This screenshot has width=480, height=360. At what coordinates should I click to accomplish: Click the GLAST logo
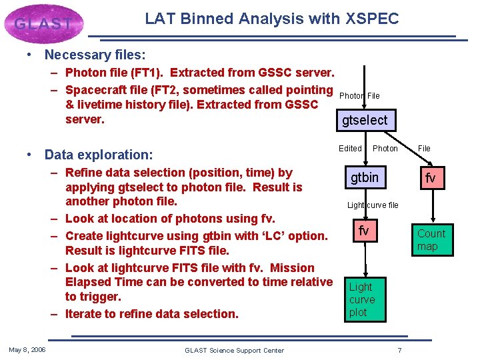pyautogui.click(x=44, y=24)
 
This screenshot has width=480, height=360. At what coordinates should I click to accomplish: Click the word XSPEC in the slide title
pyautogui.click(x=371, y=19)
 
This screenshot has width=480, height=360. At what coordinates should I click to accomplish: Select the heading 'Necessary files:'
pyautogui.click(x=95, y=55)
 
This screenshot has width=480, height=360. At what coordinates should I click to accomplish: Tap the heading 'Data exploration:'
pyautogui.click(x=99, y=155)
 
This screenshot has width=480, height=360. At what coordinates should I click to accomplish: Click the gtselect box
pyautogui.click(x=365, y=120)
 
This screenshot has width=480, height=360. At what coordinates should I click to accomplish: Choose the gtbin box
pyautogui.click(x=365, y=177)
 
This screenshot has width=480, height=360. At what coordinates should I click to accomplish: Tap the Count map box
pyautogui.click(x=431, y=240)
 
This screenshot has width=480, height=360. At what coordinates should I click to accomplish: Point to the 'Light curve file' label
pyautogui.click(x=373, y=205)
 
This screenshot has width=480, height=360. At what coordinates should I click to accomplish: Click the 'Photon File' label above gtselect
pyautogui.click(x=359, y=96)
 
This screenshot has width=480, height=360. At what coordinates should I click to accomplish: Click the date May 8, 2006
pyautogui.click(x=27, y=350)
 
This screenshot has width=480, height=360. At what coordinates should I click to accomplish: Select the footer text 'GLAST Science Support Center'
pyautogui.click(x=235, y=351)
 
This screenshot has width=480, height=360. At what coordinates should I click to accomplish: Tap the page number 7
pyautogui.click(x=399, y=350)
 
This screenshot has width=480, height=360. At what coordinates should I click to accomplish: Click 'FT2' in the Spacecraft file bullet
pyautogui.click(x=193, y=90)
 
